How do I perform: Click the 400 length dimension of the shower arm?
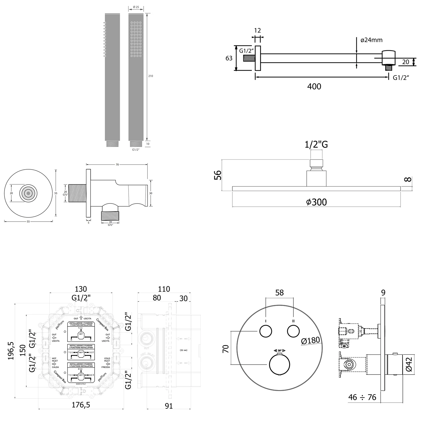[x=314, y=86]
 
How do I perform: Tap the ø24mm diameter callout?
[x=371, y=40]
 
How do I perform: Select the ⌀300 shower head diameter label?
[x=316, y=202]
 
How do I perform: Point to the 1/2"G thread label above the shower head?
[x=316, y=144]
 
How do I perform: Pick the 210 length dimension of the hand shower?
[x=151, y=76]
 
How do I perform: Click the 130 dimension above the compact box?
[x=81, y=289]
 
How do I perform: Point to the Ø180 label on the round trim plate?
[x=310, y=341]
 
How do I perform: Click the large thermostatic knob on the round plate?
[x=280, y=364]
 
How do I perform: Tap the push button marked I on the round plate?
[x=266, y=331]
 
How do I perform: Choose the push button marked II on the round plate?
[x=293, y=331]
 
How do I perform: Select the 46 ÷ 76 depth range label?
[x=362, y=397]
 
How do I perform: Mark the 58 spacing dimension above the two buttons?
[x=279, y=293]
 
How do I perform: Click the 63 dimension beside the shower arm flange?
[x=229, y=58]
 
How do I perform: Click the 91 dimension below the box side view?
[x=168, y=406]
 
